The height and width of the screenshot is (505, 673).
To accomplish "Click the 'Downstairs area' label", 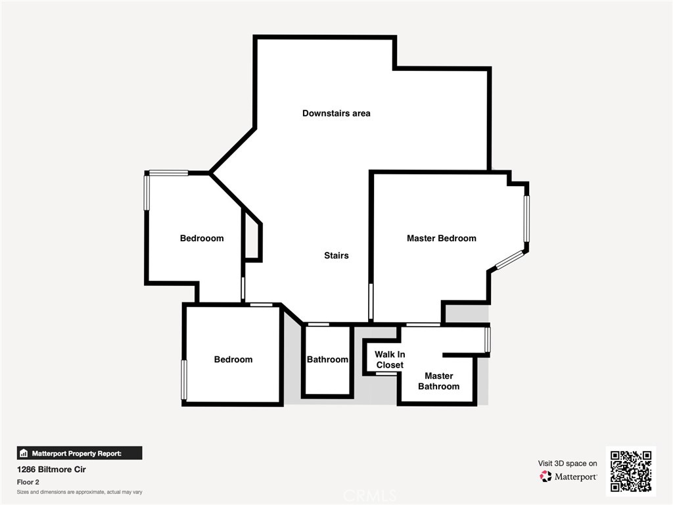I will point(336,113).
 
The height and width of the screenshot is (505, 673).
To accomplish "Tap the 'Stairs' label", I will point(336,255).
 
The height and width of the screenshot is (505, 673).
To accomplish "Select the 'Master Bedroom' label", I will point(441,238).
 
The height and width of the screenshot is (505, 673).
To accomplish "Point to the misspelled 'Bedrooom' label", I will point(202,238).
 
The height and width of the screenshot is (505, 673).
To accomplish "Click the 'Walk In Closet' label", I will point(390,360).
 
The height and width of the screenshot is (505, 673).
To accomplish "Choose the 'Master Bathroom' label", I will point(438,381).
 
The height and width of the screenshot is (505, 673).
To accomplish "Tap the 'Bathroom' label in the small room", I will point(327,360).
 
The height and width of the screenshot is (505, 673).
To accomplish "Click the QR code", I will point(630,471).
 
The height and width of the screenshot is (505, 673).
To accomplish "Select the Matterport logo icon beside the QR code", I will point(545,476).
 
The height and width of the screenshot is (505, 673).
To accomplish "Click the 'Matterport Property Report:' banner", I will point(79,453).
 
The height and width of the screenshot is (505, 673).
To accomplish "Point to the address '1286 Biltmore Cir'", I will point(51,469).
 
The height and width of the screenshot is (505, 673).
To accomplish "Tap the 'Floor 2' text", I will point(27,482).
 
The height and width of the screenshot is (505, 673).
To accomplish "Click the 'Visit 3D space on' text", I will point(567,464).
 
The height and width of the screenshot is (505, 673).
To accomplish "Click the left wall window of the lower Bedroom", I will point(184,379).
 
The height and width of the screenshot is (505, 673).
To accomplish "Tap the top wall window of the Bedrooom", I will point(169,173).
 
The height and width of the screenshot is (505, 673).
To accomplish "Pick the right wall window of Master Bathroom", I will point(487,339).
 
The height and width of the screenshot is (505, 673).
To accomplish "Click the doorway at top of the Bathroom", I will point(319,324).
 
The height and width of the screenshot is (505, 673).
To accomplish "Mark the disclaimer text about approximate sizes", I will point(80,492).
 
